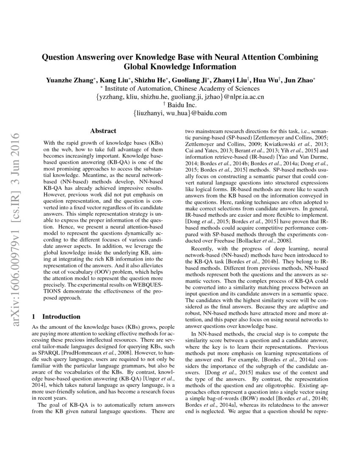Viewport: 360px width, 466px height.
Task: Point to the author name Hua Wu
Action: pyautogui.click(x=268, y=80)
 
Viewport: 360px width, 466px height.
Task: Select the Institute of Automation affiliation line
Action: pyautogui.click(x=180, y=89)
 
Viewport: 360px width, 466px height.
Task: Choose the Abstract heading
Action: pyautogui.click(x=103, y=131)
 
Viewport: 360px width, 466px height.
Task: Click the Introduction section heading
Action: pyautogui.click(x=61, y=316)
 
